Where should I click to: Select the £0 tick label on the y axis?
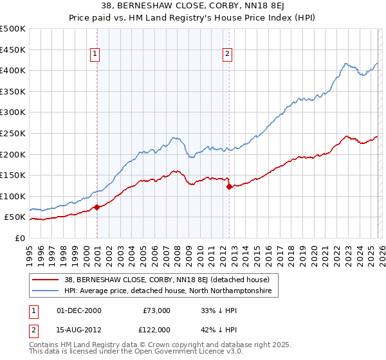[x=21, y=238]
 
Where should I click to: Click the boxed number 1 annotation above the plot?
[x=95, y=55]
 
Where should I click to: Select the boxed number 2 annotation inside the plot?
[x=228, y=55]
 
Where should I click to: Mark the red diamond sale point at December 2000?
[x=96, y=207]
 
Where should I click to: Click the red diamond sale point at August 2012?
[x=229, y=187]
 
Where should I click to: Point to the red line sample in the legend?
[x=45, y=280]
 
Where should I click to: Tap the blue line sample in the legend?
[x=45, y=291]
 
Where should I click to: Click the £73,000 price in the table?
[x=156, y=310]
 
